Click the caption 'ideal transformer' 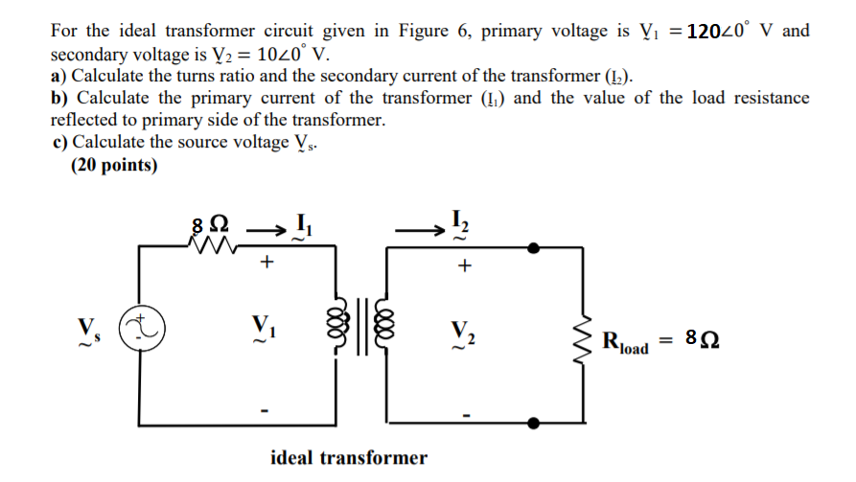pos(349,457)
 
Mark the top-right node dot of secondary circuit pos(534,246)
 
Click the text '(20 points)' pos(114,166)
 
